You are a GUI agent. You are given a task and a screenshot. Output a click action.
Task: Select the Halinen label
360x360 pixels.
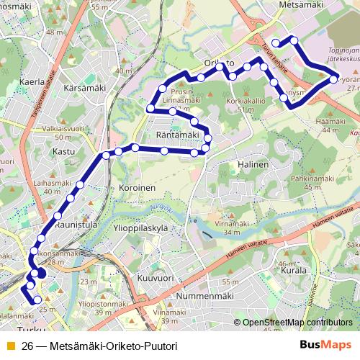(x=252, y=165)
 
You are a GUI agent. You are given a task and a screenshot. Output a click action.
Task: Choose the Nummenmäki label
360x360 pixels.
(x=187, y=294)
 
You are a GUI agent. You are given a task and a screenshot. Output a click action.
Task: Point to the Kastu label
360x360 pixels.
(x=64, y=152)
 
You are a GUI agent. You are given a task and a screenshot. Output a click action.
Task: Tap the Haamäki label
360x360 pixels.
(x=329, y=121)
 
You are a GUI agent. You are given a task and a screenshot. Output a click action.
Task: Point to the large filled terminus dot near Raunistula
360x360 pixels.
(x=40, y=273)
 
